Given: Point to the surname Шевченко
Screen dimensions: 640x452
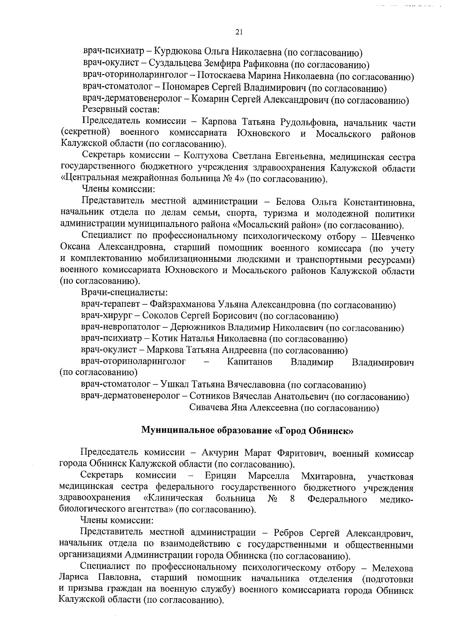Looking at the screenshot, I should [393, 237].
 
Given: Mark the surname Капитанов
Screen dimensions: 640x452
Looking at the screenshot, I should [250, 362].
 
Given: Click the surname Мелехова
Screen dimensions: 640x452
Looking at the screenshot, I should [392, 568].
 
